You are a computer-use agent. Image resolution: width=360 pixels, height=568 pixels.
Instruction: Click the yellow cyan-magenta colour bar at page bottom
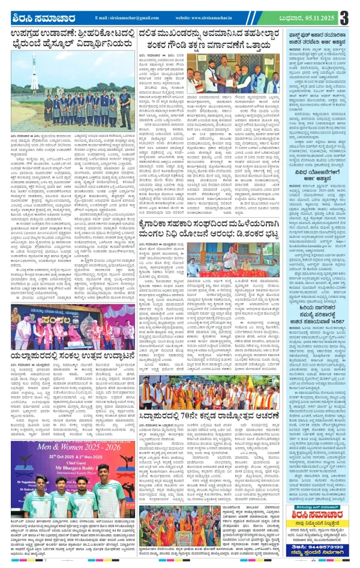pyautogui.click(x=180, y=563)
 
